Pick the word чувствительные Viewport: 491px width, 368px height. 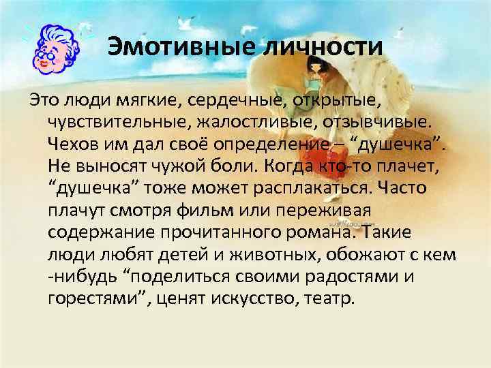click(x=121, y=123)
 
